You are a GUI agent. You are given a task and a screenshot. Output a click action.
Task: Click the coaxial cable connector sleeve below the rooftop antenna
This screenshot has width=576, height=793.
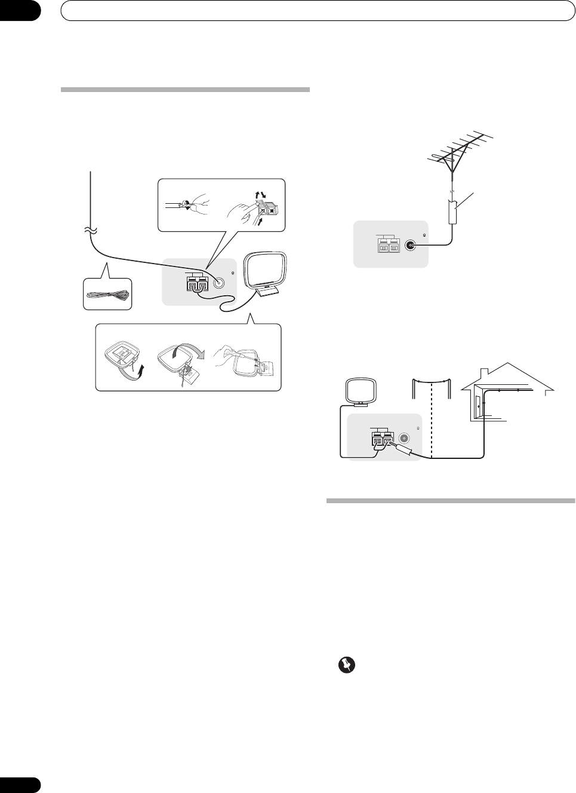click(x=452, y=212)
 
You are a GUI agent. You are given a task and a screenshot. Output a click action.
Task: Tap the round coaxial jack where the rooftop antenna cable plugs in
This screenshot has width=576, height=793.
click(x=410, y=245)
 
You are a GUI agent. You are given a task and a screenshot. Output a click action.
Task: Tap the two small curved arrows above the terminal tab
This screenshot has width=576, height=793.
click(x=260, y=195)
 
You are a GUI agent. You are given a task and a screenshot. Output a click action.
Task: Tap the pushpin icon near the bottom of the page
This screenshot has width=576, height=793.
click(x=344, y=665)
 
